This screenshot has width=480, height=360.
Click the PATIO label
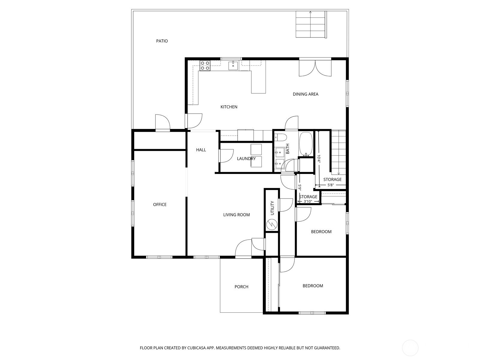[162, 41]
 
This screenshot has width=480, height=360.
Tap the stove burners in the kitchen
[205, 66]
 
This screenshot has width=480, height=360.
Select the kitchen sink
[233, 65]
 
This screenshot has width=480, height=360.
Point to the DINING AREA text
[305, 94]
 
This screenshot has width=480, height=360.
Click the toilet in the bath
[280, 137]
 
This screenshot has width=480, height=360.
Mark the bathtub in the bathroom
[306, 144]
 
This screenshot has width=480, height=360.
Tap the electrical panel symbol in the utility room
[272, 224]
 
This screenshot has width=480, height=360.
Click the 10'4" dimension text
[319, 159]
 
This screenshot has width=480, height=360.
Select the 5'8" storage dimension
[330, 185]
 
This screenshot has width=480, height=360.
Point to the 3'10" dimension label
[308, 201]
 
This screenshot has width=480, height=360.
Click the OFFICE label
[160, 205]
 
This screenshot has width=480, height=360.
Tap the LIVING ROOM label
[236, 215]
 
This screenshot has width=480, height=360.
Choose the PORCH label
[241, 287]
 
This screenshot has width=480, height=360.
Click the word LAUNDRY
[246, 159]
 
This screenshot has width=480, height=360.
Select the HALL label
[201, 150]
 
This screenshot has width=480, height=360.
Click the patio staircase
[311, 24]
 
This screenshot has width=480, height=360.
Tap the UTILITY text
[272, 208]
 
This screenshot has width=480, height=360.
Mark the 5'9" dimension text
[300, 187]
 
